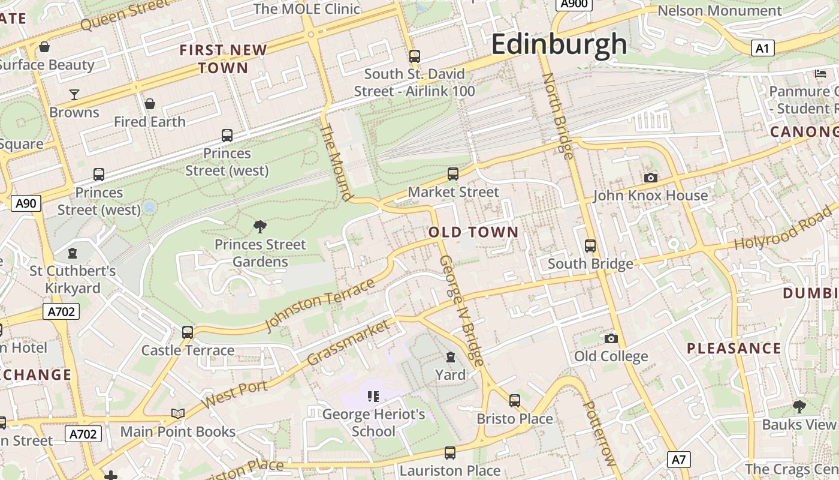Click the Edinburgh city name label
559,44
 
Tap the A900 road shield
574,4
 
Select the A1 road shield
762,48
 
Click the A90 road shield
26,203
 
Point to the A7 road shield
678,460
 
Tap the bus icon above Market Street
453,174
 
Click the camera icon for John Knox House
650,178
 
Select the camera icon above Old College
611,338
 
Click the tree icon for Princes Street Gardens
260,226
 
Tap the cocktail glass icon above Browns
74,94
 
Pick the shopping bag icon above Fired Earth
150,104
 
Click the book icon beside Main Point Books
178,413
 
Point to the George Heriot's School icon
373,396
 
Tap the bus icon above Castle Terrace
188,332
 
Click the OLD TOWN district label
473,232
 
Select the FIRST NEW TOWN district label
223,59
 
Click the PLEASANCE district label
734,349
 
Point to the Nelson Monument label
719,11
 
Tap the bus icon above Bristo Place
514,400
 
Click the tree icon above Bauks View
799,406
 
